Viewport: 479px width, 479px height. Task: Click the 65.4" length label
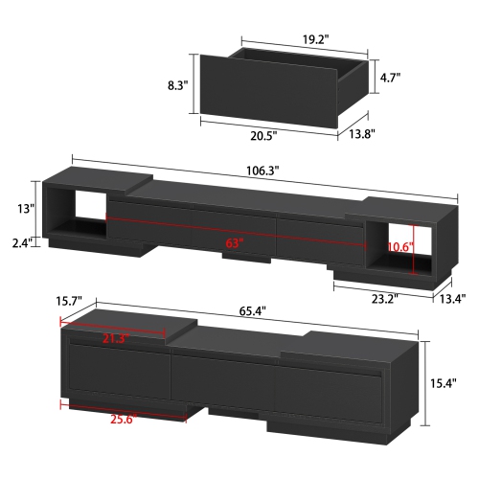tap(253, 312)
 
